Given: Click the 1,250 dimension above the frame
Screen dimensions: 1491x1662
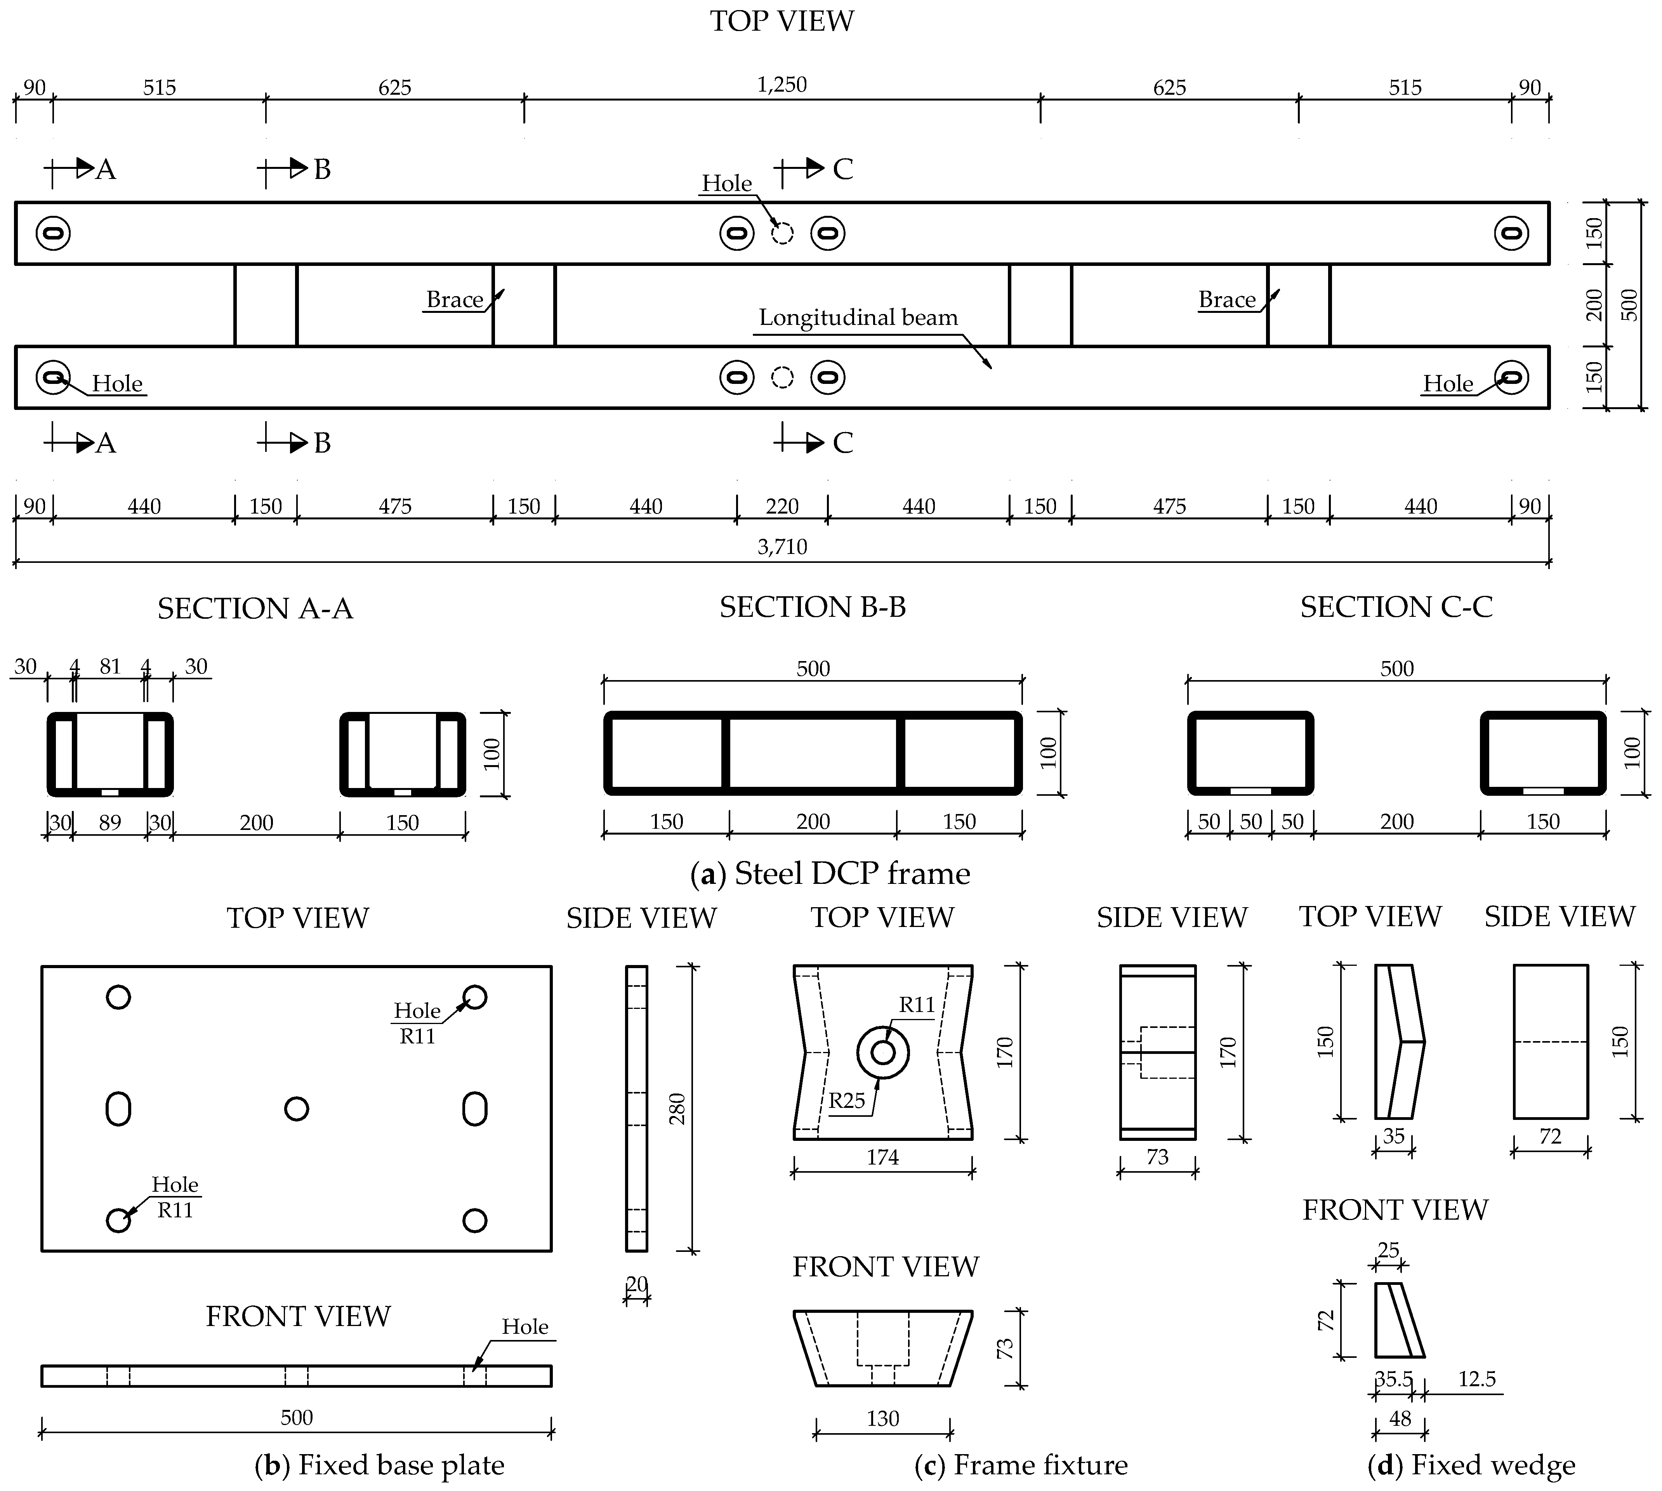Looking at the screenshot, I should coord(782,84).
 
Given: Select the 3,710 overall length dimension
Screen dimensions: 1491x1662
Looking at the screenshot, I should coord(782,547).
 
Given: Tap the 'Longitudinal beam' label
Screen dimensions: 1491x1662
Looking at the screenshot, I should coord(858,318).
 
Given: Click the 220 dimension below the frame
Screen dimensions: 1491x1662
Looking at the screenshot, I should coord(782,506).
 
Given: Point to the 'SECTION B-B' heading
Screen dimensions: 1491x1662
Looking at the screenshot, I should coord(813,607).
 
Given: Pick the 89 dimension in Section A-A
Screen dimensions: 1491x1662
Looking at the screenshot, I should coord(110,823).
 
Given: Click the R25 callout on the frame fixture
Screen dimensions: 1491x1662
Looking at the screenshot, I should coord(846,1100).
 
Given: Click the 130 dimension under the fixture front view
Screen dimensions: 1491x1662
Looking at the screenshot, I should coord(882,1418).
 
